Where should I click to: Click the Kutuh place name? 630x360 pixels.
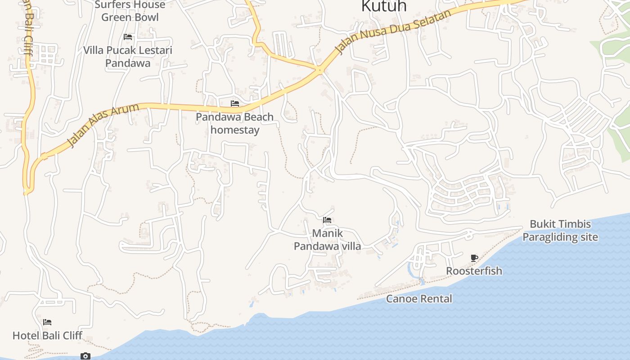[x=384, y=6]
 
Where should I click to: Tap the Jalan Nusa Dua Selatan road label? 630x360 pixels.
[x=394, y=32]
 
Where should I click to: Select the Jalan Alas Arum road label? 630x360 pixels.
[x=103, y=125]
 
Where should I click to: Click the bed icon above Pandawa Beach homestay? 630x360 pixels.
[x=235, y=103]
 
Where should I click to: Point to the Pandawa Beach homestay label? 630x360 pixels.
[x=235, y=124]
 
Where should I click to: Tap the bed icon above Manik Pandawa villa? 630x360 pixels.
[x=327, y=220]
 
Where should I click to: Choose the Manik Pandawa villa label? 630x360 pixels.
[x=328, y=240]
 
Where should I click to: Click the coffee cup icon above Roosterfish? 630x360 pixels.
[x=474, y=258]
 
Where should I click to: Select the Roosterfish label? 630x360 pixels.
[x=474, y=271]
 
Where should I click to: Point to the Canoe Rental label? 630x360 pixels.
[x=419, y=299]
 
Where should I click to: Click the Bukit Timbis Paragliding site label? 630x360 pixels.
[x=560, y=231]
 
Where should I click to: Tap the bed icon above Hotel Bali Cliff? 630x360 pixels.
[x=47, y=322]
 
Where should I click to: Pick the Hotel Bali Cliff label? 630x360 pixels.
[x=47, y=336]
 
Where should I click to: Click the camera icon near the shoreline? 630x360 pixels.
[x=85, y=356]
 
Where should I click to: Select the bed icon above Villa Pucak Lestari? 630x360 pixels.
[x=128, y=37]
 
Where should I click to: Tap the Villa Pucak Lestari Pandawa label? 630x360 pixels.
[x=128, y=57]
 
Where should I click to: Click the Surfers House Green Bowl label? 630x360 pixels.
[x=130, y=11]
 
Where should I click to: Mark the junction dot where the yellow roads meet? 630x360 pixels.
[x=319, y=70]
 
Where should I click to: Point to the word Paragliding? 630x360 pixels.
[x=560, y=237]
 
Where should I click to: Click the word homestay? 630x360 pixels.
[x=235, y=130]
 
